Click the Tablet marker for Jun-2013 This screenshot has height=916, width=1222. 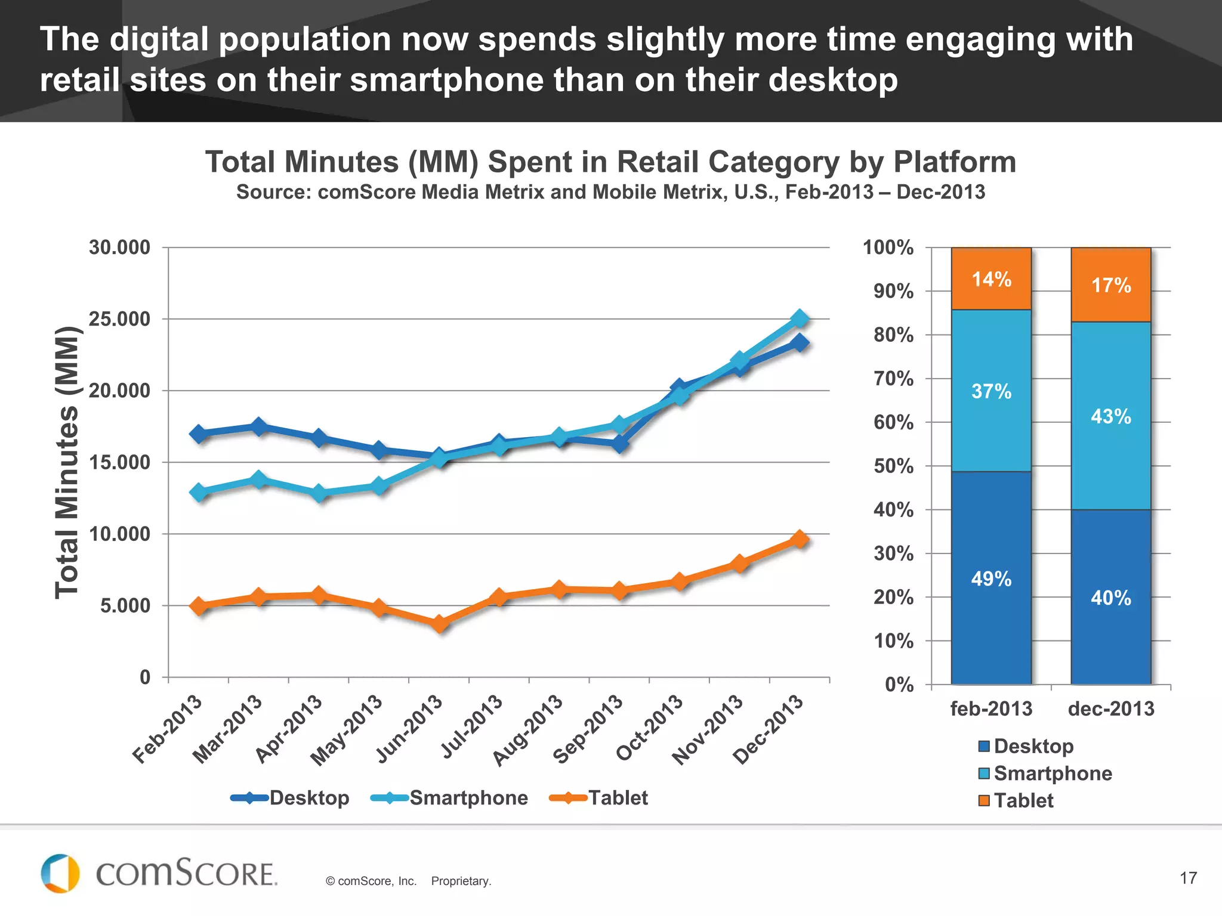pos(439,624)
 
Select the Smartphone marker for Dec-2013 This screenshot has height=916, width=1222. pos(800,319)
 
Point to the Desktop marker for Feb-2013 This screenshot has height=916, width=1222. pos(199,434)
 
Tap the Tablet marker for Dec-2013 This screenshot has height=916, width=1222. pos(800,539)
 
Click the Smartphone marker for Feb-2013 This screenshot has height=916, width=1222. pos(199,492)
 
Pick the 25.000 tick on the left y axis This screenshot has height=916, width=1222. pos(119,319)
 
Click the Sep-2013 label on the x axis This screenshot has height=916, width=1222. pos(588,729)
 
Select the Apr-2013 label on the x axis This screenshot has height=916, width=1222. pos(289,729)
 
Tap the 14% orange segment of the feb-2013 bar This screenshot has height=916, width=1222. pos(991,278)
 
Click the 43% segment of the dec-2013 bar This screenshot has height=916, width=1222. pos(1110,416)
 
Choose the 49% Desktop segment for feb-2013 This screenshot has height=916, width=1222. pos(991,578)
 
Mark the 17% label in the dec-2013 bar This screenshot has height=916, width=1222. pos(1111,285)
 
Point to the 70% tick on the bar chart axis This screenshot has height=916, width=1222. pos(893,379)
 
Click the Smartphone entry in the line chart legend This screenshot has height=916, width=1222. pos(449,798)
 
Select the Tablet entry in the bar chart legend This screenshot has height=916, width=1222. pos(1016,800)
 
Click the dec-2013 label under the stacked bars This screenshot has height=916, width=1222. pos(1111,708)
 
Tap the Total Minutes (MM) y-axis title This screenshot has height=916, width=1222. pos(67,462)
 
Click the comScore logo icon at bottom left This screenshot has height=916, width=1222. pos(60,874)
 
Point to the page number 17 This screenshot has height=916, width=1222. pos(1188,878)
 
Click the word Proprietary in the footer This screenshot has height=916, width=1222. pos(461,881)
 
